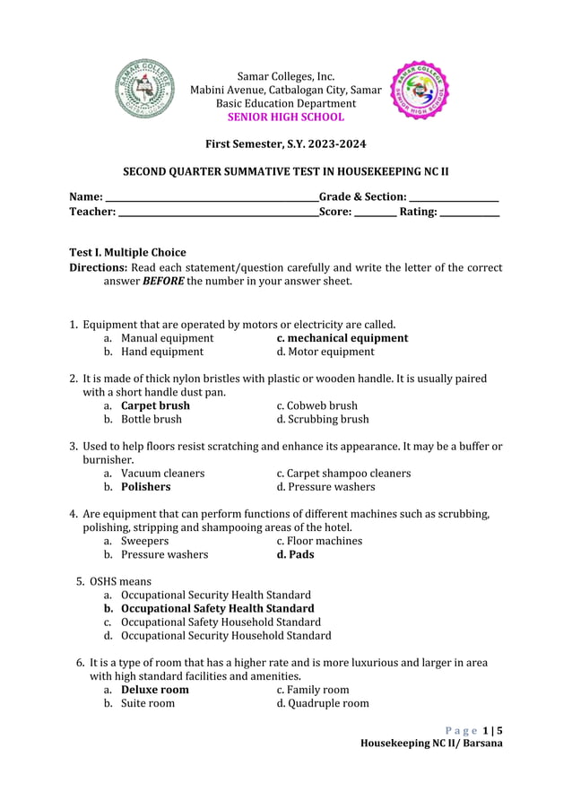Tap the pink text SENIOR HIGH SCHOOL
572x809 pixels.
point(285,117)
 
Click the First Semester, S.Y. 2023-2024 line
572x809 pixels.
point(285,144)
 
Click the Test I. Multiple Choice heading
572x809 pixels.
point(127,252)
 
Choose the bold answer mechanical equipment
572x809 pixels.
point(342,338)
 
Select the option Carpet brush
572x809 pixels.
point(155,405)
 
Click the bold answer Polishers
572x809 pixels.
point(146,487)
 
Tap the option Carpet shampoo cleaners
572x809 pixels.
point(343,473)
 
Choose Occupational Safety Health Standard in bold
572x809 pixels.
point(218,608)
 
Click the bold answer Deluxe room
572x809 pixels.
point(155,690)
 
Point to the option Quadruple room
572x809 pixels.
point(323,703)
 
